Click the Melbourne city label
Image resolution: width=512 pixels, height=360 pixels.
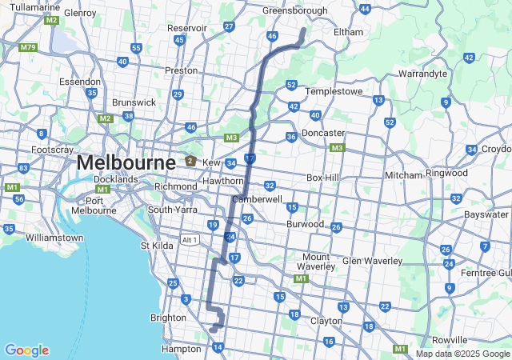point(126,163)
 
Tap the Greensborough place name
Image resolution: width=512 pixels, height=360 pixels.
point(295,10)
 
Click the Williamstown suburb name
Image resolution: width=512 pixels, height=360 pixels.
point(54,238)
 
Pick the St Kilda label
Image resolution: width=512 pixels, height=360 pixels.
point(157,246)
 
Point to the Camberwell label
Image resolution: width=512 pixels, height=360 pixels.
point(257,198)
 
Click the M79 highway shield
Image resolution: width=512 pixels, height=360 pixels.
point(29,47)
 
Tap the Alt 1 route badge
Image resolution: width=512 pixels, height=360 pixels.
point(189,240)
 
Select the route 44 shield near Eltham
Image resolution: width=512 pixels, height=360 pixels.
point(365,9)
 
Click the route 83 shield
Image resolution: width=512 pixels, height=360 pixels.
point(23,168)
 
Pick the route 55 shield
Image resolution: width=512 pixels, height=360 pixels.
point(136,48)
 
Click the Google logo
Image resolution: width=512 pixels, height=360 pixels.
point(26,350)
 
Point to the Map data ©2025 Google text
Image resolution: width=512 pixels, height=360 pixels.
point(462,354)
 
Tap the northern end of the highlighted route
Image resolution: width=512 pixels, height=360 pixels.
point(304,30)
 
